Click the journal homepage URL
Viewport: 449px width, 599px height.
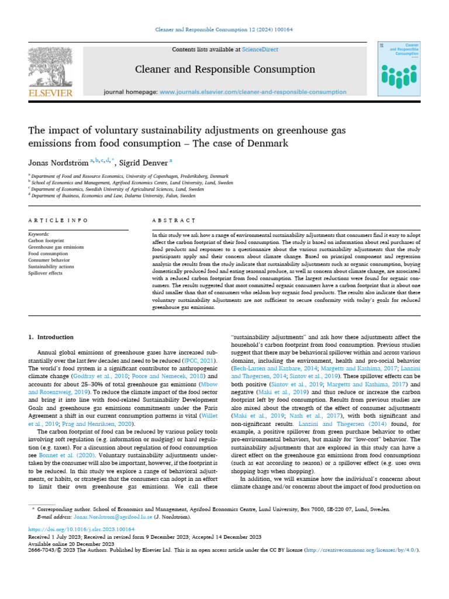click(x=253, y=92)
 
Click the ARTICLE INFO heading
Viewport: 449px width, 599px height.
click(x=58, y=220)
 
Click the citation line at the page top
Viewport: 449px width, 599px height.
click(x=224, y=29)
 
